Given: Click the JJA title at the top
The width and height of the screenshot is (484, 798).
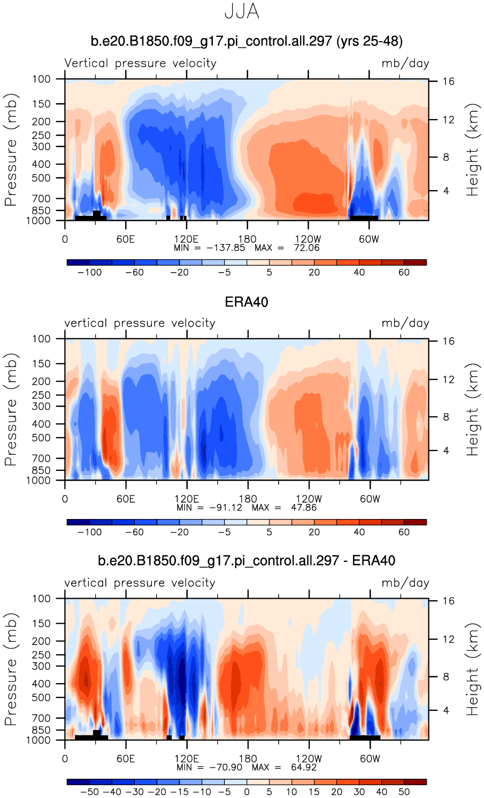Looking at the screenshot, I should (242, 11).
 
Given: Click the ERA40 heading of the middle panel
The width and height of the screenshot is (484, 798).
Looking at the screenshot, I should (247, 302).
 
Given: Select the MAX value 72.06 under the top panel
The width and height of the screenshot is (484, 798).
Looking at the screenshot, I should (306, 247).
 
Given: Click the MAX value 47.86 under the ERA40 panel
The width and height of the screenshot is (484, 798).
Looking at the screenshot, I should (304, 507).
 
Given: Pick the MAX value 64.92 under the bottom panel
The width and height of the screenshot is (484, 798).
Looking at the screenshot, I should (304, 767).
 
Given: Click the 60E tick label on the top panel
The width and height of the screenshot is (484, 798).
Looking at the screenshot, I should (126, 239).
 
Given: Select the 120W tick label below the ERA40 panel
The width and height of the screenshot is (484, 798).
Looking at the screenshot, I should (309, 499).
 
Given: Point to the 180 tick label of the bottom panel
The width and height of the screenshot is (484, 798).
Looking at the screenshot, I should (248, 759).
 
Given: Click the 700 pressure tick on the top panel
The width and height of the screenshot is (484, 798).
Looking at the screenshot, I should (41, 199).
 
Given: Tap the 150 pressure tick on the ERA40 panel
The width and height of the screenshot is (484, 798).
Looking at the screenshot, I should (41, 363).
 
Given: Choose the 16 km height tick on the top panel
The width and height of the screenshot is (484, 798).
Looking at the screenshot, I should (448, 81).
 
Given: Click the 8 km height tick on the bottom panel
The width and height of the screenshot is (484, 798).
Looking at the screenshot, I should (446, 677).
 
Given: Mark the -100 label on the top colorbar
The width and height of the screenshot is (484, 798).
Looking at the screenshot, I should (89, 272).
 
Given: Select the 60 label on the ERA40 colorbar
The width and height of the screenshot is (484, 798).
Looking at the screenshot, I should (404, 532).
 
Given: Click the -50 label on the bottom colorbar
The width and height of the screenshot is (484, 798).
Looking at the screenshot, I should (89, 792).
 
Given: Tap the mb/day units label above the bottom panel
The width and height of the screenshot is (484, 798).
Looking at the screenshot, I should (405, 583).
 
